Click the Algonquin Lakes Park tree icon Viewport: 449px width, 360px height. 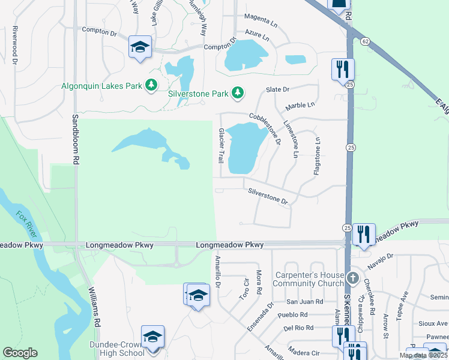point(152,86)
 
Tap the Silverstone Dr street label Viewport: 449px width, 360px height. point(268,196)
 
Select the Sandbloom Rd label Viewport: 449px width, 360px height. point(76,140)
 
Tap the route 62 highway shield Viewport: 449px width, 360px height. point(364,41)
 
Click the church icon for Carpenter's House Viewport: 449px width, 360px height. point(354,278)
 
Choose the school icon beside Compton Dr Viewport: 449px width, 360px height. point(140,47)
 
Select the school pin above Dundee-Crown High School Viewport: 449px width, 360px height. point(153,336)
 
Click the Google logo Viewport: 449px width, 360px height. point(20,353)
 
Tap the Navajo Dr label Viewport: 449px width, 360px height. point(381,257)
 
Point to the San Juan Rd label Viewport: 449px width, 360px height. point(304,302)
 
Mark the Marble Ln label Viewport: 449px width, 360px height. point(300,106)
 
